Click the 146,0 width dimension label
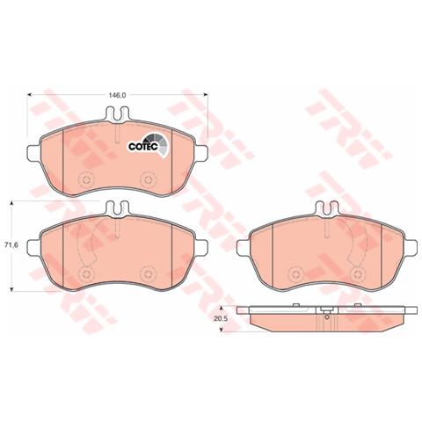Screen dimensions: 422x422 coord(117,95)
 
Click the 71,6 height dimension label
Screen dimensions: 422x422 coord(12,244)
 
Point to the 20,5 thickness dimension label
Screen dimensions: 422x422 coord(221,319)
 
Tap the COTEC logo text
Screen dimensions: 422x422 coord(143,146)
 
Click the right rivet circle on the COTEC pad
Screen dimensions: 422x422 coord(147,178)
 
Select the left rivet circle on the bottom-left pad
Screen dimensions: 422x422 coord(86,274)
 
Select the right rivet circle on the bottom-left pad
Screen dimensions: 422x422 coord(147,274)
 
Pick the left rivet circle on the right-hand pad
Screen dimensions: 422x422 coord(295,274)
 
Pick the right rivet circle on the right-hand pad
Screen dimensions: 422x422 coord(357,274)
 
